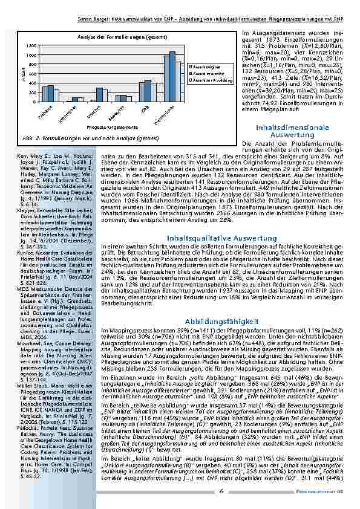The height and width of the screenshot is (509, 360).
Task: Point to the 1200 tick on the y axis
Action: click(31, 46)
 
